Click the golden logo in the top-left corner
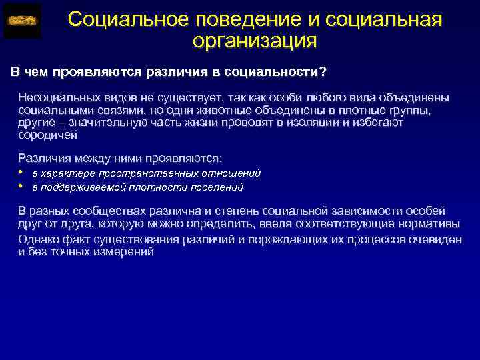pos(22,21)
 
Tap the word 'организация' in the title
pos(254,41)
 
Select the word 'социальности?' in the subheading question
pos(281,72)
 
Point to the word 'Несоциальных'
pos(53,97)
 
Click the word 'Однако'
pos(38,239)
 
